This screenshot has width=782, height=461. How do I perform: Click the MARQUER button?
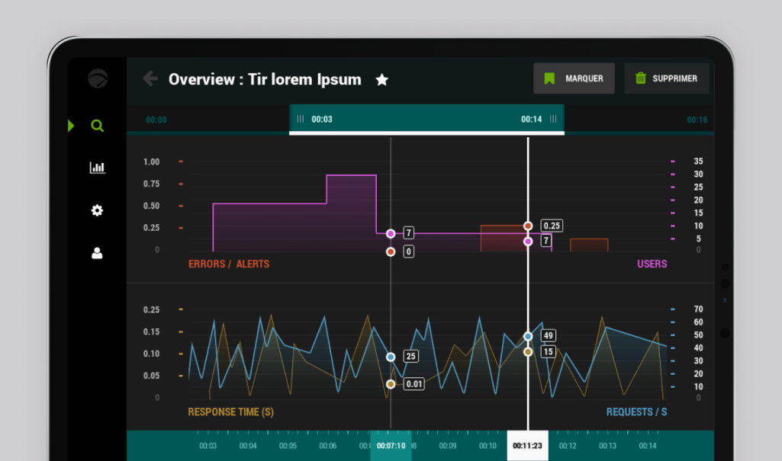[x=574, y=78]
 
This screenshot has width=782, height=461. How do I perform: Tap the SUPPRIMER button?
[x=667, y=78]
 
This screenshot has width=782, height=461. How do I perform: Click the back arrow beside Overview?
[x=150, y=78]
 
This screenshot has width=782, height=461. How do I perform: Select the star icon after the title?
[x=382, y=79]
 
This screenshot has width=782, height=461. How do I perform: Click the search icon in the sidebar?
[x=97, y=126]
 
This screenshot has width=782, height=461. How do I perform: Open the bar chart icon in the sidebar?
[x=97, y=168]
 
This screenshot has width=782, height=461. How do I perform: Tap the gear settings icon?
[x=97, y=210]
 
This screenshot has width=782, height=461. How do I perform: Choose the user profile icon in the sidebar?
[x=97, y=253]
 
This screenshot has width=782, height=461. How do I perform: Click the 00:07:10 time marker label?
[x=391, y=446]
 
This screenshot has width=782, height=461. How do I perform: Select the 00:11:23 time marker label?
[x=528, y=446]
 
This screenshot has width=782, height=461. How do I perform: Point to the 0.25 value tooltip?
[x=551, y=226]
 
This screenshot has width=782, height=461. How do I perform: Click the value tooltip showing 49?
[x=548, y=335]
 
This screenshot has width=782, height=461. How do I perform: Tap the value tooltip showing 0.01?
[x=414, y=384]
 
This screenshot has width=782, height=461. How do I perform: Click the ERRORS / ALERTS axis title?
[x=229, y=264]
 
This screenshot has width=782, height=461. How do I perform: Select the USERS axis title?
[x=652, y=264]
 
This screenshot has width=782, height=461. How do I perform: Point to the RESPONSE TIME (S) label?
[x=230, y=412]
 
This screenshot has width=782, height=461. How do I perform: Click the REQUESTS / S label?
[x=636, y=412]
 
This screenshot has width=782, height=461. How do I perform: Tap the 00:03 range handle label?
[x=322, y=120]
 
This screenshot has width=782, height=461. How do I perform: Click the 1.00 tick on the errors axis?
[x=151, y=162]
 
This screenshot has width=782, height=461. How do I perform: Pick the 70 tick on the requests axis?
[x=698, y=309]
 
